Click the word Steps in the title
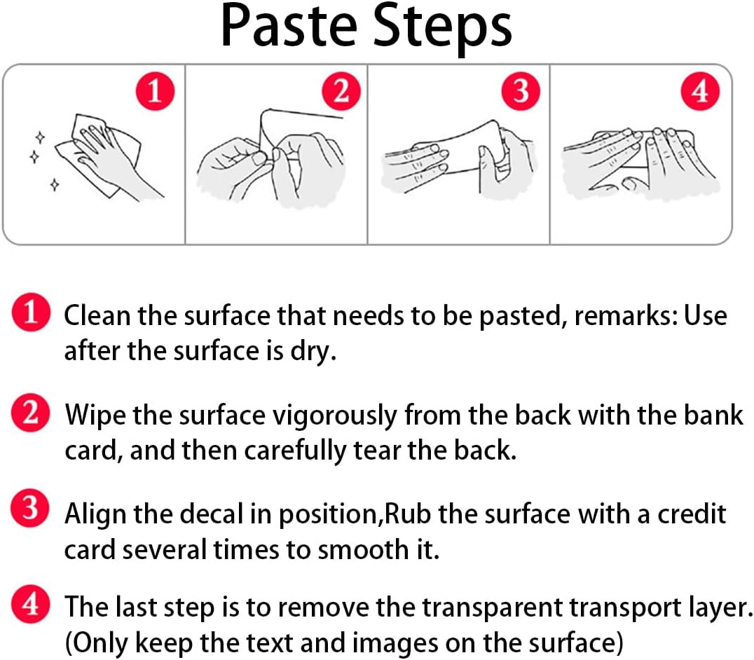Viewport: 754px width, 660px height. (x=442, y=28)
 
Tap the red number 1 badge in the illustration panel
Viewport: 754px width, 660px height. (x=154, y=91)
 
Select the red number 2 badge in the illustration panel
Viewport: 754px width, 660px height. (x=341, y=91)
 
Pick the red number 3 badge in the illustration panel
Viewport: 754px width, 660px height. (x=521, y=91)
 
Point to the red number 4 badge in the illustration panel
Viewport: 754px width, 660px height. (x=700, y=91)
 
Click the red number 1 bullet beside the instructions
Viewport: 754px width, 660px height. (x=31, y=312)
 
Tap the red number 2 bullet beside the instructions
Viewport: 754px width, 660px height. (x=30, y=413)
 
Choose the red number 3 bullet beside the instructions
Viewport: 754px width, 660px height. (x=30, y=508)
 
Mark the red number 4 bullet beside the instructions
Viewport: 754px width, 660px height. (x=30, y=604)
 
